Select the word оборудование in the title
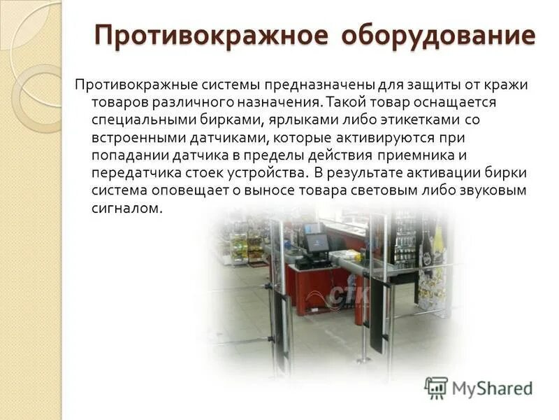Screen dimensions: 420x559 point(439,36)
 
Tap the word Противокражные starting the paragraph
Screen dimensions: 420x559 point(129,85)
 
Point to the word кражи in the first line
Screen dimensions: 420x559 point(506,85)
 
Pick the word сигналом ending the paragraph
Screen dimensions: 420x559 point(126,208)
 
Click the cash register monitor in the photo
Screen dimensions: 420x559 point(315,242)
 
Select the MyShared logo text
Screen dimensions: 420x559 point(492,387)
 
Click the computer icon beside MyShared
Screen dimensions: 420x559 point(436,387)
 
